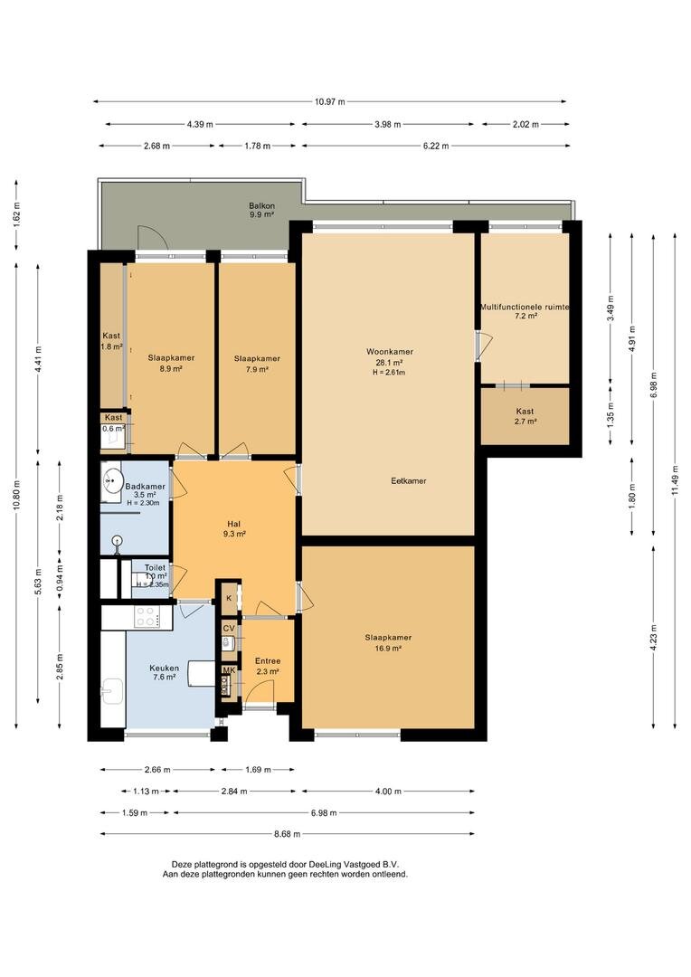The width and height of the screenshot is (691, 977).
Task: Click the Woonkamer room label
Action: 390,351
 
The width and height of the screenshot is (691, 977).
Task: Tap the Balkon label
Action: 261,205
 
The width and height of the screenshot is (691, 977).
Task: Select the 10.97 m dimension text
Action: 329,101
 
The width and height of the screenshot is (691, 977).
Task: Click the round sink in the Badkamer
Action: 113,481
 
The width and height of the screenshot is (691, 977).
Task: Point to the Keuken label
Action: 164,668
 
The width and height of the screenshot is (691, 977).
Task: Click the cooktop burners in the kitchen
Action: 147,617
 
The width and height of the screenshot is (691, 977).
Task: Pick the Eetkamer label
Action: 409,481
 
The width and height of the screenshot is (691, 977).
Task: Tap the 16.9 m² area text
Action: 388,648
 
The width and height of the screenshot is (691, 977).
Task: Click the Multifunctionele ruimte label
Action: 525,308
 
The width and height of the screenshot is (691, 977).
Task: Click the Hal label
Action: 233,524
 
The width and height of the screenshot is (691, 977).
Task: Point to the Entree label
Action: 268,661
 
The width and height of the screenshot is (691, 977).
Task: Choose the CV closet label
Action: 229,629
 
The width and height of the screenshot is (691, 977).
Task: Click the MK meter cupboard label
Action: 229,670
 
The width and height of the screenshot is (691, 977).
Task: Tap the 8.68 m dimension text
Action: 287,834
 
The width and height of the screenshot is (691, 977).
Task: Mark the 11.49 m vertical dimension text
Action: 676,478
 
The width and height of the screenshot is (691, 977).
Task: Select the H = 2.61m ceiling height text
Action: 389,373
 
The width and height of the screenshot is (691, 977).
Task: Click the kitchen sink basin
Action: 112,691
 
